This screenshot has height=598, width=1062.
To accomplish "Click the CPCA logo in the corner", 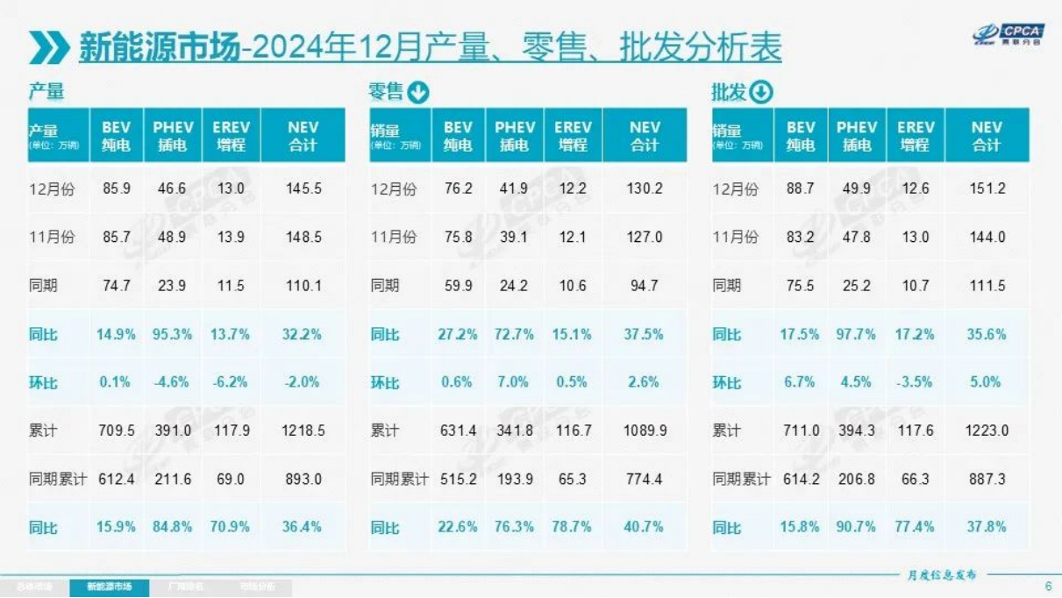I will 1009,34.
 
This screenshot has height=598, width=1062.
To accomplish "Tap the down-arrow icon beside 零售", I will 418,92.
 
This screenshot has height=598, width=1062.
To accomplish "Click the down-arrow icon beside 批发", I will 761,92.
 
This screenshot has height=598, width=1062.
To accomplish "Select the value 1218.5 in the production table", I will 303,431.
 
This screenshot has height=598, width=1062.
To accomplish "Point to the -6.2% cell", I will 230,382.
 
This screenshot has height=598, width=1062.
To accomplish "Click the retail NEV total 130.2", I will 645,189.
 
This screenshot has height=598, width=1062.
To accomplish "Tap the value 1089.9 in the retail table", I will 645,431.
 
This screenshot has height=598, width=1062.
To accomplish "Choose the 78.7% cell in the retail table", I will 573,527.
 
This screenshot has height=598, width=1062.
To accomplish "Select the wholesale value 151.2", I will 987,189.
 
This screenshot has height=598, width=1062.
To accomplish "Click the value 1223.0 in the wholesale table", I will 987,431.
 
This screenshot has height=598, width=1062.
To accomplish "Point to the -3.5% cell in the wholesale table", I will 915,382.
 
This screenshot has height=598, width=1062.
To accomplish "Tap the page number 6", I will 1048,587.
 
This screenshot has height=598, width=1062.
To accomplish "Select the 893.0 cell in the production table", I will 303,479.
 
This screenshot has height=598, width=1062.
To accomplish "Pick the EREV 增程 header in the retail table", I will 573,136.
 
